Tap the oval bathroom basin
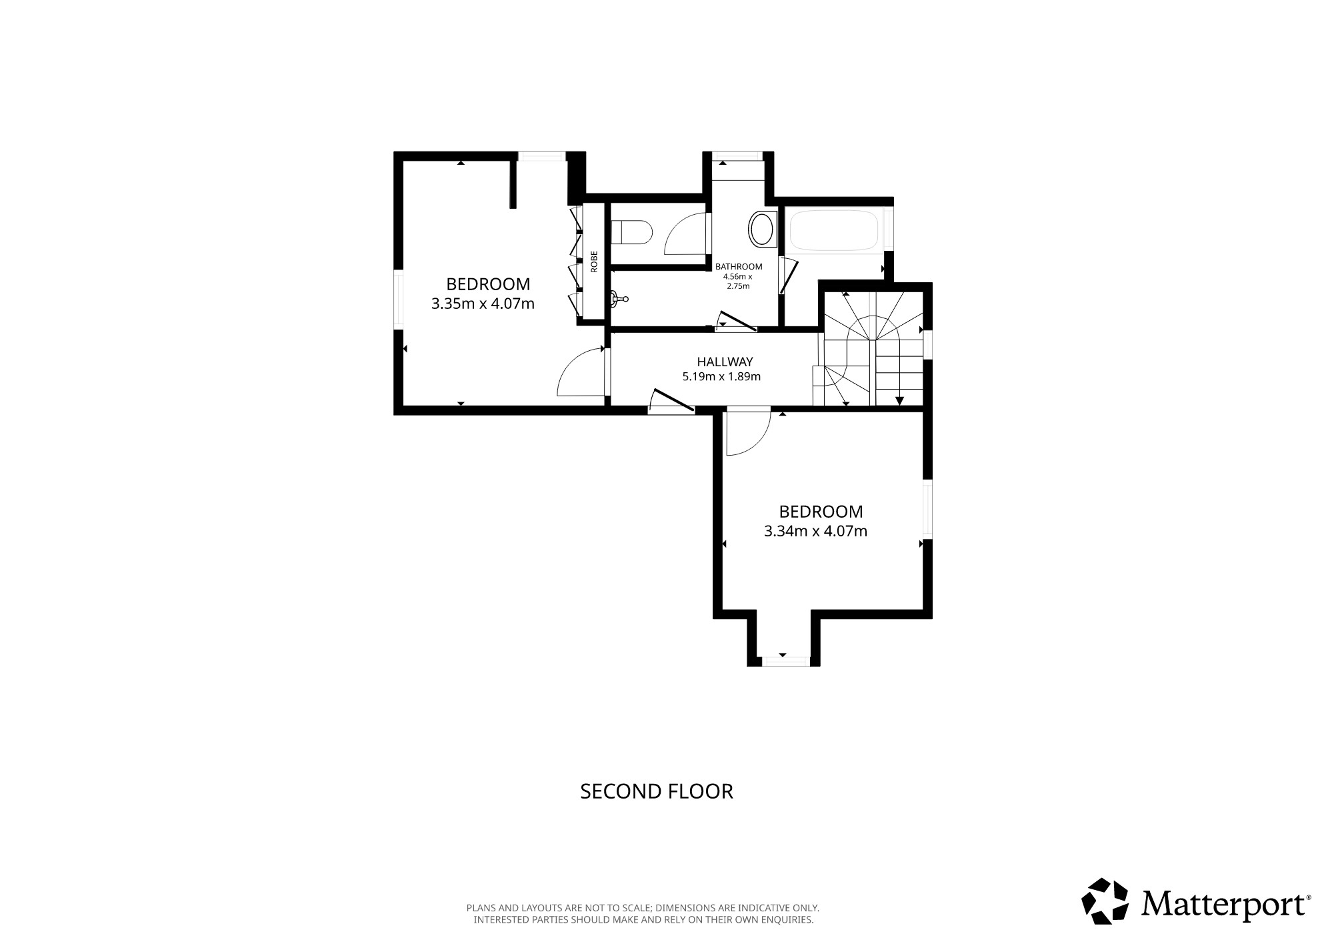click(x=762, y=228)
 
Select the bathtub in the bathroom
click(x=836, y=230)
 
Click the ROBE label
click(x=593, y=261)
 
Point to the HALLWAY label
click(x=725, y=362)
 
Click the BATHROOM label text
click(x=739, y=266)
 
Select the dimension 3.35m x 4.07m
click(x=483, y=304)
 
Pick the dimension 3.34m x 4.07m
click(x=815, y=532)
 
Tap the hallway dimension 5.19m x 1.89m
click(x=721, y=376)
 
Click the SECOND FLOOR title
click(x=657, y=791)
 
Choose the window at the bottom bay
click(x=787, y=661)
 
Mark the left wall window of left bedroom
click(x=398, y=298)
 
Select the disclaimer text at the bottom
click(x=643, y=914)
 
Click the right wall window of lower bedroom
click(x=927, y=508)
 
